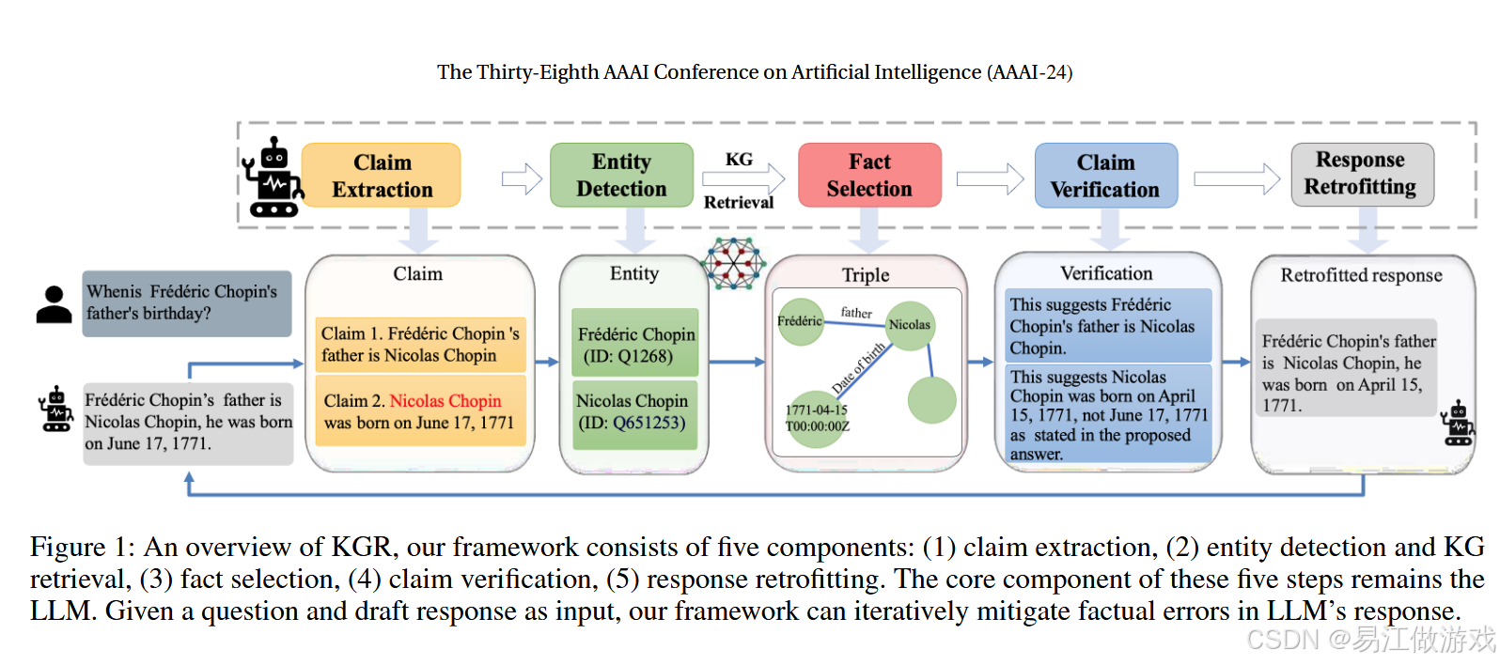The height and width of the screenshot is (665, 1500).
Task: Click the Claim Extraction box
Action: (382, 176)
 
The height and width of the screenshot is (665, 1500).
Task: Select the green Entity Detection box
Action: (621, 176)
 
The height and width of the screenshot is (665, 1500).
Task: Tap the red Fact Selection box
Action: (869, 176)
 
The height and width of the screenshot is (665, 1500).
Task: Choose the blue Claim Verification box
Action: (1105, 176)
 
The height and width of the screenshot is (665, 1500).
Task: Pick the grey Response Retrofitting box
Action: (1361, 174)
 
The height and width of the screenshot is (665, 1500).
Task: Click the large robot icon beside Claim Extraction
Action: (273, 178)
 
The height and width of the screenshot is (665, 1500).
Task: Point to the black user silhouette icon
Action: (55, 305)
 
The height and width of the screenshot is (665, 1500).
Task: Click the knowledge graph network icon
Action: (735, 263)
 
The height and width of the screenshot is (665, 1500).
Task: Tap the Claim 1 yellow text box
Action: (420, 345)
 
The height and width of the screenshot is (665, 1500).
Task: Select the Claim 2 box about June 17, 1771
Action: (420, 411)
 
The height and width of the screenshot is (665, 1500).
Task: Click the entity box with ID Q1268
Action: (635, 345)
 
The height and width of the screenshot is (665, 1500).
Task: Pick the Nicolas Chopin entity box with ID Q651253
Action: (635, 412)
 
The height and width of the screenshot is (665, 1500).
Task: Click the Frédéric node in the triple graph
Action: (801, 321)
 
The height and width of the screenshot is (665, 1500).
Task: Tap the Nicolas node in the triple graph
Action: (910, 325)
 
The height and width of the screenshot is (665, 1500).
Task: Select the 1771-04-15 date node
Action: (816, 418)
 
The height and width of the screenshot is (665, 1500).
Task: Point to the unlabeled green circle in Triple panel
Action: (931, 399)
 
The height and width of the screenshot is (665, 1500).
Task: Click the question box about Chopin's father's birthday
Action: (186, 302)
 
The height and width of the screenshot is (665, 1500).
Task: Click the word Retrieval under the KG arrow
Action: (739, 202)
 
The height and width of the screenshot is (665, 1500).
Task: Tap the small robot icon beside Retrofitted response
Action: (1458, 424)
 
